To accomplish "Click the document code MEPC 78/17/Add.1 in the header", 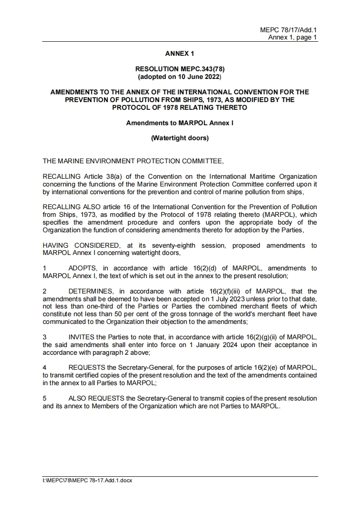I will coord(288,30).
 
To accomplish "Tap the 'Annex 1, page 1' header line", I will coord(292,37).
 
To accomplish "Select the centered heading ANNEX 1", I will coord(179,54).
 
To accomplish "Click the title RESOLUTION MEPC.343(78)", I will coord(180,69).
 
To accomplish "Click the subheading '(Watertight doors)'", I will coord(180,138).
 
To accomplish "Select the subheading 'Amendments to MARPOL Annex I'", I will coord(180,123).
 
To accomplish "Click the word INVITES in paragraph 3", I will coord(82,337).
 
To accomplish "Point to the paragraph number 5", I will coord(44,398).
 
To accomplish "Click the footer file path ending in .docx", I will coord(87,480).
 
